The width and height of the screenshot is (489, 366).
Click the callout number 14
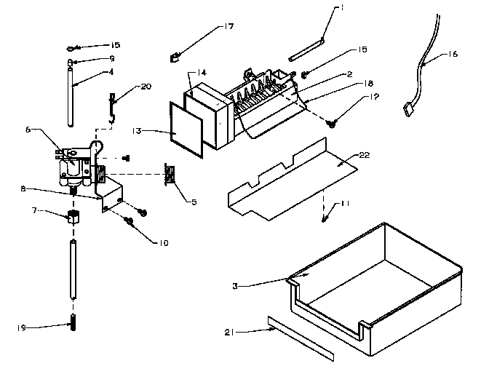[202, 73]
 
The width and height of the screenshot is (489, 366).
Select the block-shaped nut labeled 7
[73, 216]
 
